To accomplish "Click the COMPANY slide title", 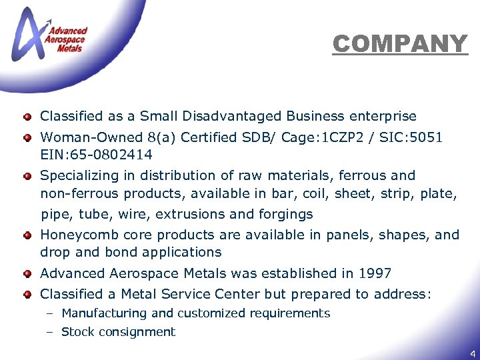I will [400, 44].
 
